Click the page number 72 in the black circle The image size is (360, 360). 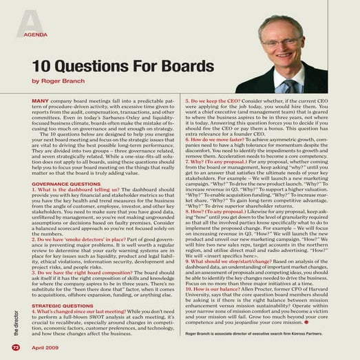tap(16, 347)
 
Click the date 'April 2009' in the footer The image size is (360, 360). tap(43, 347)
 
